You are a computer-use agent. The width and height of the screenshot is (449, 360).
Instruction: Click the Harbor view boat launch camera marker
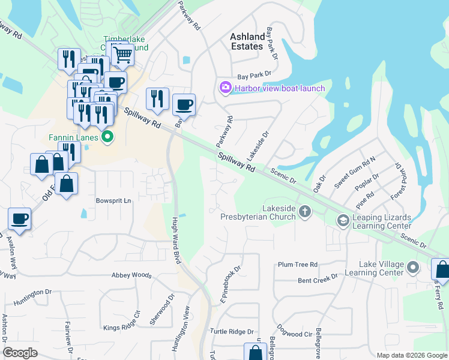[x=226, y=88]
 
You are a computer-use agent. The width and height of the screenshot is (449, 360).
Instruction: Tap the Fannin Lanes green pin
[x=107, y=137]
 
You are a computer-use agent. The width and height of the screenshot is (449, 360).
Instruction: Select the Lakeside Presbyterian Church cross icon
[x=305, y=211]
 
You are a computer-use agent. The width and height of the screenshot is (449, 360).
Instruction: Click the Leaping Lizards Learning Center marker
[x=343, y=221]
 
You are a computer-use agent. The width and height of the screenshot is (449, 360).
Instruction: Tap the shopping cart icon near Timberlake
[x=122, y=55]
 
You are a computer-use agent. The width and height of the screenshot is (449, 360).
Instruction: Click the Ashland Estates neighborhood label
[x=247, y=41]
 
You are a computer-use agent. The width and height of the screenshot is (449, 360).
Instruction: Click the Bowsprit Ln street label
[x=113, y=200]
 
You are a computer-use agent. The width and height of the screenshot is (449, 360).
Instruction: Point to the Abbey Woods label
[x=131, y=275]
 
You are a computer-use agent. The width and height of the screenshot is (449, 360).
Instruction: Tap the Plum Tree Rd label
[x=297, y=265]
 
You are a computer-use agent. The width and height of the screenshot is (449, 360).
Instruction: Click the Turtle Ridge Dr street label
[x=232, y=331]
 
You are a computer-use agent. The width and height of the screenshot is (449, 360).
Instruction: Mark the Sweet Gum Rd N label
[x=355, y=172]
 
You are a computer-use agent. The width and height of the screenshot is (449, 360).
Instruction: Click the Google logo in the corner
[x=20, y=352]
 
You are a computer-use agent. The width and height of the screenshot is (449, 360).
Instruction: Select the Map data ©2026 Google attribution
[x=412, y=355]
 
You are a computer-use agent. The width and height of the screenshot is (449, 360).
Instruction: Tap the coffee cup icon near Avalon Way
[x=19, y=219]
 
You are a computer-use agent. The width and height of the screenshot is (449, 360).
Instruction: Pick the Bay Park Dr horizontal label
[x=254, y=76]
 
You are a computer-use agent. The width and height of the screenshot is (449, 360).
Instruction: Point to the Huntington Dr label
[x=31, y=293]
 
